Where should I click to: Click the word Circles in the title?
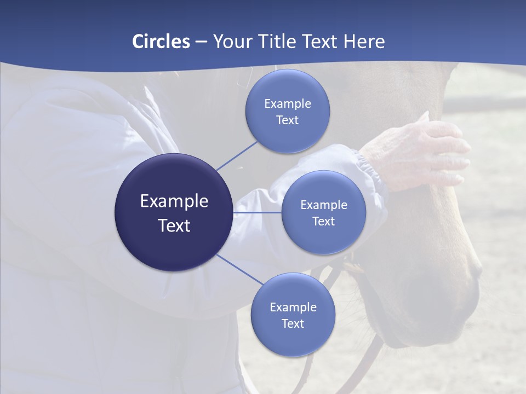(x=161, y=42)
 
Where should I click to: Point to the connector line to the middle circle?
(x=258, y=212)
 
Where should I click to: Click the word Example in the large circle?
(x=174, y=201)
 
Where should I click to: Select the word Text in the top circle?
(x=287, y=120)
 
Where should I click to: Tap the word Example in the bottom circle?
(x=293, y=308)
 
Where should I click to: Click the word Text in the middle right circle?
(x=323, y=222)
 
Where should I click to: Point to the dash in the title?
(x=201, y=42)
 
